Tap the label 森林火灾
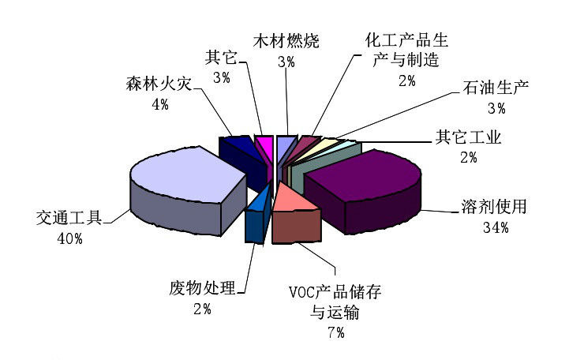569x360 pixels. click(158, 85)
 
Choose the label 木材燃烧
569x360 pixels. click(286, 42)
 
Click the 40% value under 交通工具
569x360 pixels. click(69, 237)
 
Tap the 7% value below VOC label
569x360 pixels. click(335, 332)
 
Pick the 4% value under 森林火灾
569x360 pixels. click(159, 104)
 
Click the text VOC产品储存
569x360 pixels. click(335, 293)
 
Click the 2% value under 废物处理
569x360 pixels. click(202, 309)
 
